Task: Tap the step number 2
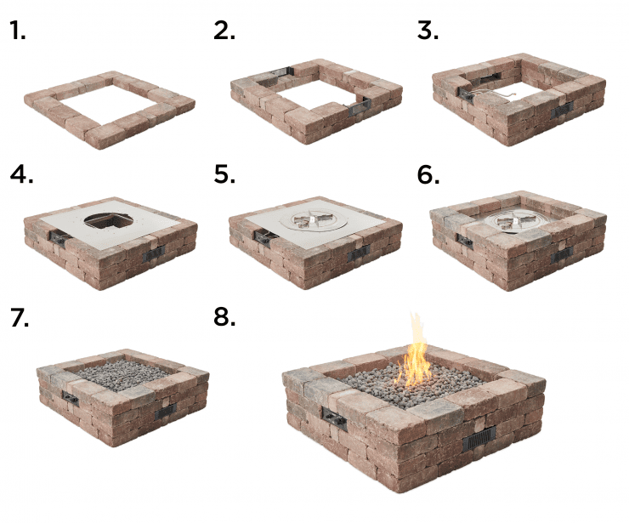[x=224, y=31]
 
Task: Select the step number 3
[x=428, y=31]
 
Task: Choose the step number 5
[x=224, y=174]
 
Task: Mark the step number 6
[x=428, y=174]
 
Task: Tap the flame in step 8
[x=416, y=353]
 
